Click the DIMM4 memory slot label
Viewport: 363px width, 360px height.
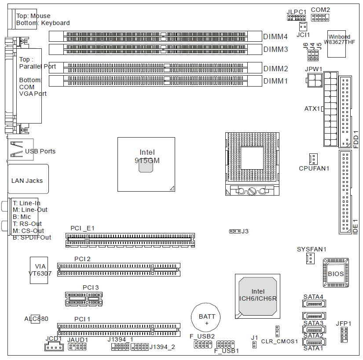(x=275, y=37)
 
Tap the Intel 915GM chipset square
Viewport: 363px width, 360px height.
(x=146, y=164)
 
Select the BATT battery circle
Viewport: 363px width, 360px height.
(x=207, y=316)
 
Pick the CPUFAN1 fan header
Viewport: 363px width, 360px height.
(x=313, y=158)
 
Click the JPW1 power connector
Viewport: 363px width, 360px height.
(x=315, y=80)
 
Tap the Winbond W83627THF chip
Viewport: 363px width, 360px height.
(x=339, y=44)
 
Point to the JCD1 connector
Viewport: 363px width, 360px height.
(x=54, y=347)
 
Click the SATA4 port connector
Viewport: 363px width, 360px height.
(x=313, y=304)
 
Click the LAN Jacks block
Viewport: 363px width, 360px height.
(x=28, y=181)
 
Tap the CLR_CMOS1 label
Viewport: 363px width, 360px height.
(x=279, y=341)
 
